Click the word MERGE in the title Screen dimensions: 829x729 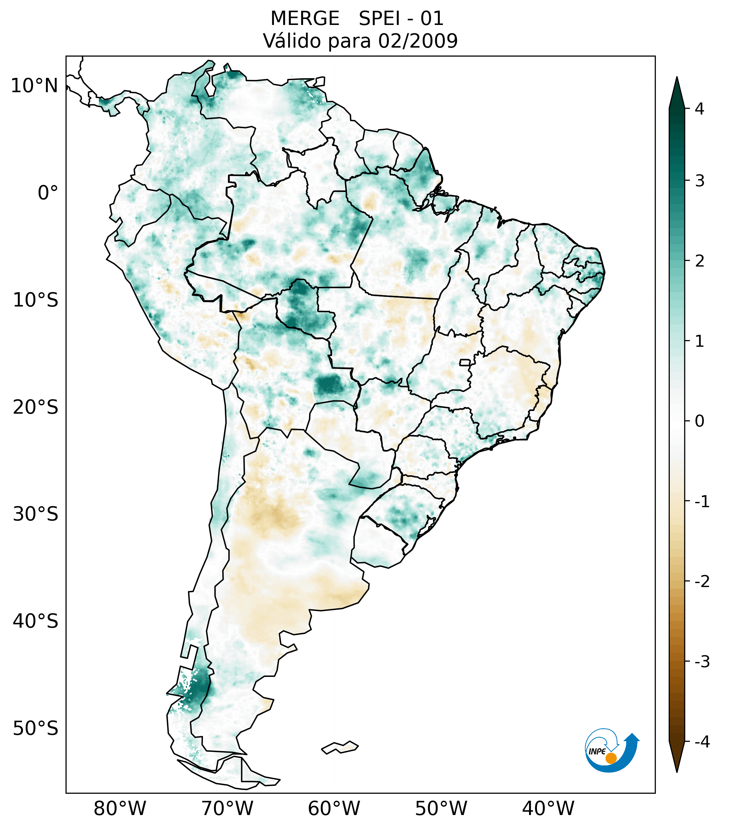[x=305, y=19]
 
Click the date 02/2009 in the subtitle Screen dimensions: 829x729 [x=418, y=41]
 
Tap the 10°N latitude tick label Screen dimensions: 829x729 [x=35, y=86]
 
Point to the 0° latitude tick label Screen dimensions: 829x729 [x=48, y=193]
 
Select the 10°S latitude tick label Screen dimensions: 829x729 [x=36, y=301]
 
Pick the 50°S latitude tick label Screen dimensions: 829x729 [x=36, y=729]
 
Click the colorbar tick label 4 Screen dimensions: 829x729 [x=699, y=109]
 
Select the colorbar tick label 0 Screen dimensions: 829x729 [x=699, y=421]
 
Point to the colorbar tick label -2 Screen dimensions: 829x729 [x=702, y=582]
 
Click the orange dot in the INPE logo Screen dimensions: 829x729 [x=611, y=758]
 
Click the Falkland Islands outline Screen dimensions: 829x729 [x=340, y=747]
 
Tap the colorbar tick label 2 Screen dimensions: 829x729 [x=699, y=261]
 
